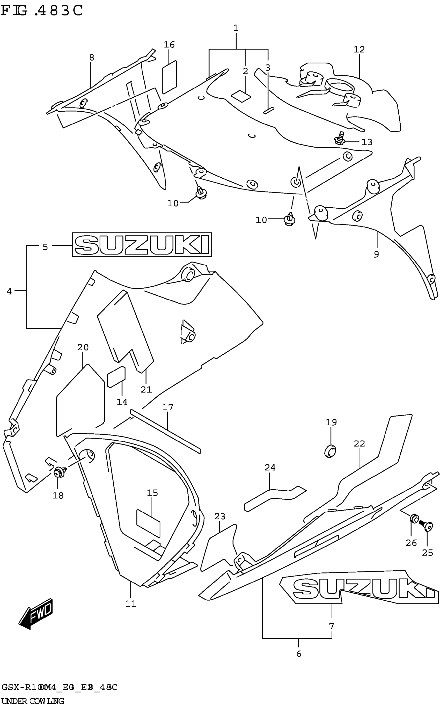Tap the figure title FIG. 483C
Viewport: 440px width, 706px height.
(x=42, y=11)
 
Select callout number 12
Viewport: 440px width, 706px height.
(x=359, y=49)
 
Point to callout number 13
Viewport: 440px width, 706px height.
(x=367, y=142)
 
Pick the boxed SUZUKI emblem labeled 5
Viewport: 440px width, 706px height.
(x=142, y=244)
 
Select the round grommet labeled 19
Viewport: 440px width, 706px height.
(x=330, y=451)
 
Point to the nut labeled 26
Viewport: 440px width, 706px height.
(x=414, y=519)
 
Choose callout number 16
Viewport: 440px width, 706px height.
(x=169, y=45)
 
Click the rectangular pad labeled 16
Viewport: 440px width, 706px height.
(x=170, y=77)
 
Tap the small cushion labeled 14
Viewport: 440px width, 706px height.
(x=116, y=377)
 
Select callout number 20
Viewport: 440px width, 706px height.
(x=83, y=347)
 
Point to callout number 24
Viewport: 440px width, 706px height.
(x=270, y=467)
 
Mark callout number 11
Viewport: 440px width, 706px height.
(x=131, y=603)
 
